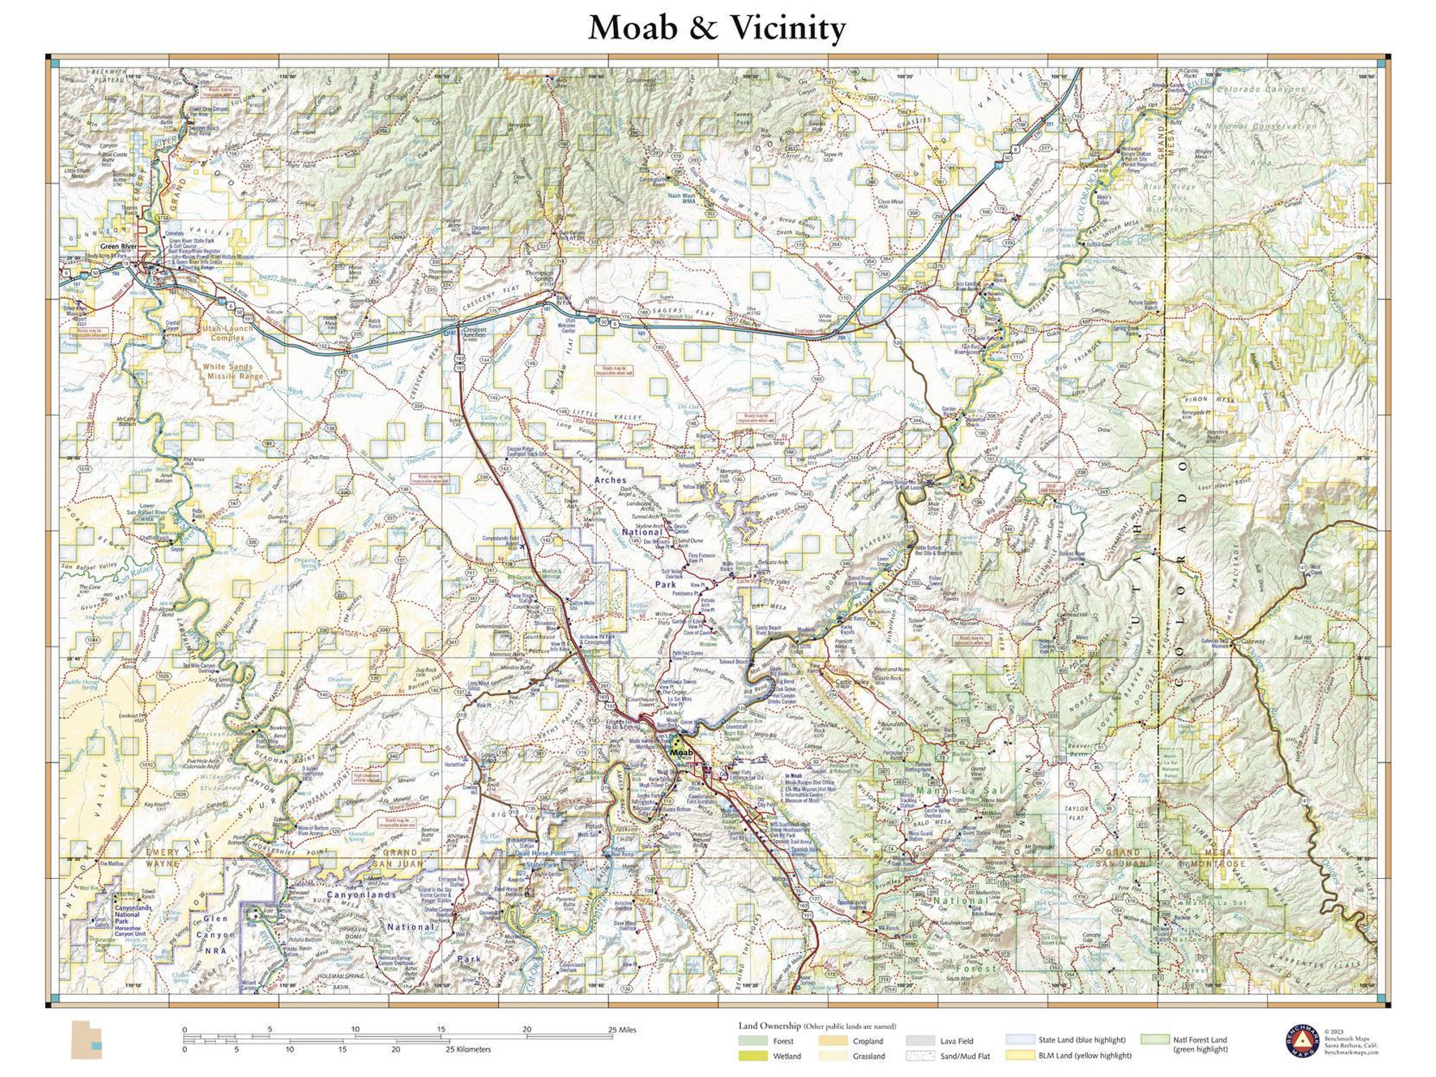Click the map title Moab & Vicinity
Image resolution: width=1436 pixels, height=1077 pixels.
point(717,29)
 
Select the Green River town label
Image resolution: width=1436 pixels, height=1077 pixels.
point(118,246)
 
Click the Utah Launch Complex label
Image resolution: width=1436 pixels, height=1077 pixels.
point(228,332)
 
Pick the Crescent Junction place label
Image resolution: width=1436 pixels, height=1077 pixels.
point(475,332)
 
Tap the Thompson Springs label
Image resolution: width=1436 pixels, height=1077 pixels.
point(539,276)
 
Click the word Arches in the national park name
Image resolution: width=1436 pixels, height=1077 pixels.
point(610,480)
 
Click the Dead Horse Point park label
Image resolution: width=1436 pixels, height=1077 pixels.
point(540,853)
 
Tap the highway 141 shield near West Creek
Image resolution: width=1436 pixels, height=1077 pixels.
point(1302,567)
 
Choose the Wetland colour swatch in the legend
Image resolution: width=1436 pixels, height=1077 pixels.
point(752,1056)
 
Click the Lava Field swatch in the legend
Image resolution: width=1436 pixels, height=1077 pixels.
point(920,1040)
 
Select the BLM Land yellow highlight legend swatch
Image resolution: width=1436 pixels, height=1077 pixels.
point(1020,1055)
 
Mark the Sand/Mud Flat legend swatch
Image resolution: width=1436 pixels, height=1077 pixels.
point(920,1056)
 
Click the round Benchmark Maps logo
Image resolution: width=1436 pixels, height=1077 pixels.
point(1302,1042)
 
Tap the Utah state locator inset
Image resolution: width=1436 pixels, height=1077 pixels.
point(86,1040)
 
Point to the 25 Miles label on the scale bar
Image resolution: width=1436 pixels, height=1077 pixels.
point(622,1030)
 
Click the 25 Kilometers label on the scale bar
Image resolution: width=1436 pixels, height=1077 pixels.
point(468,1049)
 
